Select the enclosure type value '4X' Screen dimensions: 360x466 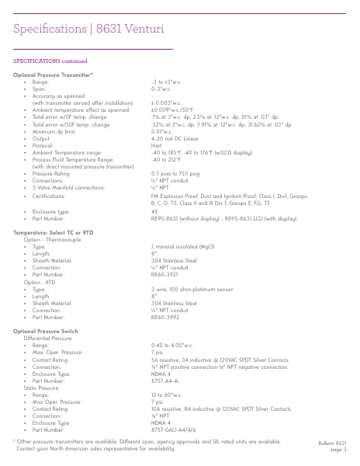pyautogui.click(x=154, y=210)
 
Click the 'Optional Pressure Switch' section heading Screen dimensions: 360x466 pyautogui.click(x=49, y=331)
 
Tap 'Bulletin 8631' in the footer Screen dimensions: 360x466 pyautogui.click(x=337, y=441)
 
